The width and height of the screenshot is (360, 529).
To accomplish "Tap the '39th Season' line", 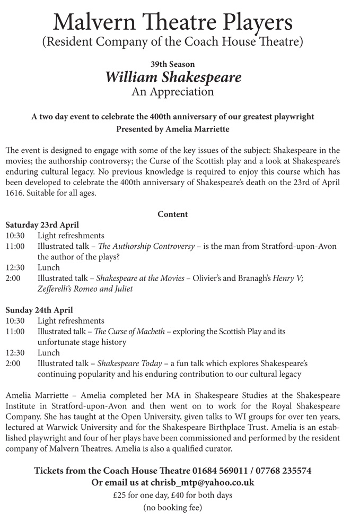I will click(x=172, y=64).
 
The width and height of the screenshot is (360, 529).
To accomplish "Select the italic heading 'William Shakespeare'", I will click(x=173, y=77).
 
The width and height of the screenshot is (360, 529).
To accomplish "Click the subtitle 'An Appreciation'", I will click(x=172, y=92).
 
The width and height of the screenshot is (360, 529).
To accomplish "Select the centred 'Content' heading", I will click(x=172, y=214).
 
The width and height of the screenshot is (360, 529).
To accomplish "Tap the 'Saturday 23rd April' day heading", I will click(x=42, y=225).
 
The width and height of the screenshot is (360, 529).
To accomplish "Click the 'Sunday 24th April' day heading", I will click(x=40, y=310).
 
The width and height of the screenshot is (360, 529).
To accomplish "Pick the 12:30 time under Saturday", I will click(x=15, y=268).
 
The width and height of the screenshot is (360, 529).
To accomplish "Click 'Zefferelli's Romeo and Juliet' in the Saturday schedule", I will click(x=85, y=289).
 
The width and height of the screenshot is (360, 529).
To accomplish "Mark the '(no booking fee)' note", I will click(x=172, y=508).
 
